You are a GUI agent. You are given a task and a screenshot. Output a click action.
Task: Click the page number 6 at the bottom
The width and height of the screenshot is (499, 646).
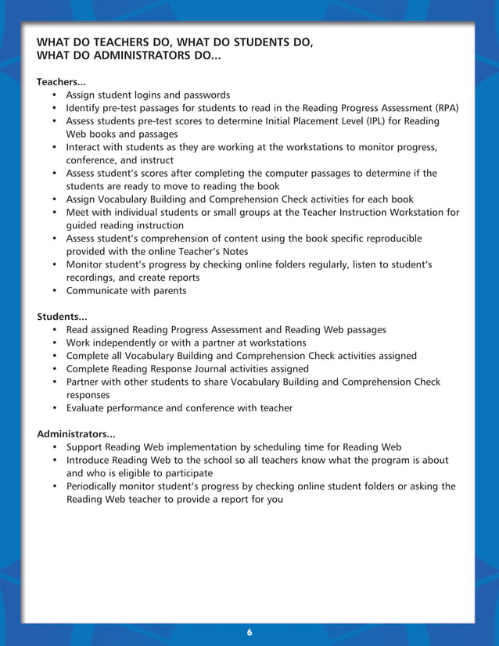tap(249, 632)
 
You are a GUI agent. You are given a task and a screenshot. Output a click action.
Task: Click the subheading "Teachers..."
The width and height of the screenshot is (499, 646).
tap(61, 81)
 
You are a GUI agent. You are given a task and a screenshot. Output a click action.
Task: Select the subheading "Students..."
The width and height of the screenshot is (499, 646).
tap(62, 317)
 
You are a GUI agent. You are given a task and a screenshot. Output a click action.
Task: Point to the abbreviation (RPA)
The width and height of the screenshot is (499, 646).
tap(445, 108)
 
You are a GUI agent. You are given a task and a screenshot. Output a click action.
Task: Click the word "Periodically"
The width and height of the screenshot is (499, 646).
tap(95, 486)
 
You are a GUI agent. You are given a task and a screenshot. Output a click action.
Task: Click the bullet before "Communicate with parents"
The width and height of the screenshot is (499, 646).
tap(55, 291)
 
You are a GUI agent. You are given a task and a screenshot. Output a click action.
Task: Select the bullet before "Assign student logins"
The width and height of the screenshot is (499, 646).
tap(55, 95)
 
